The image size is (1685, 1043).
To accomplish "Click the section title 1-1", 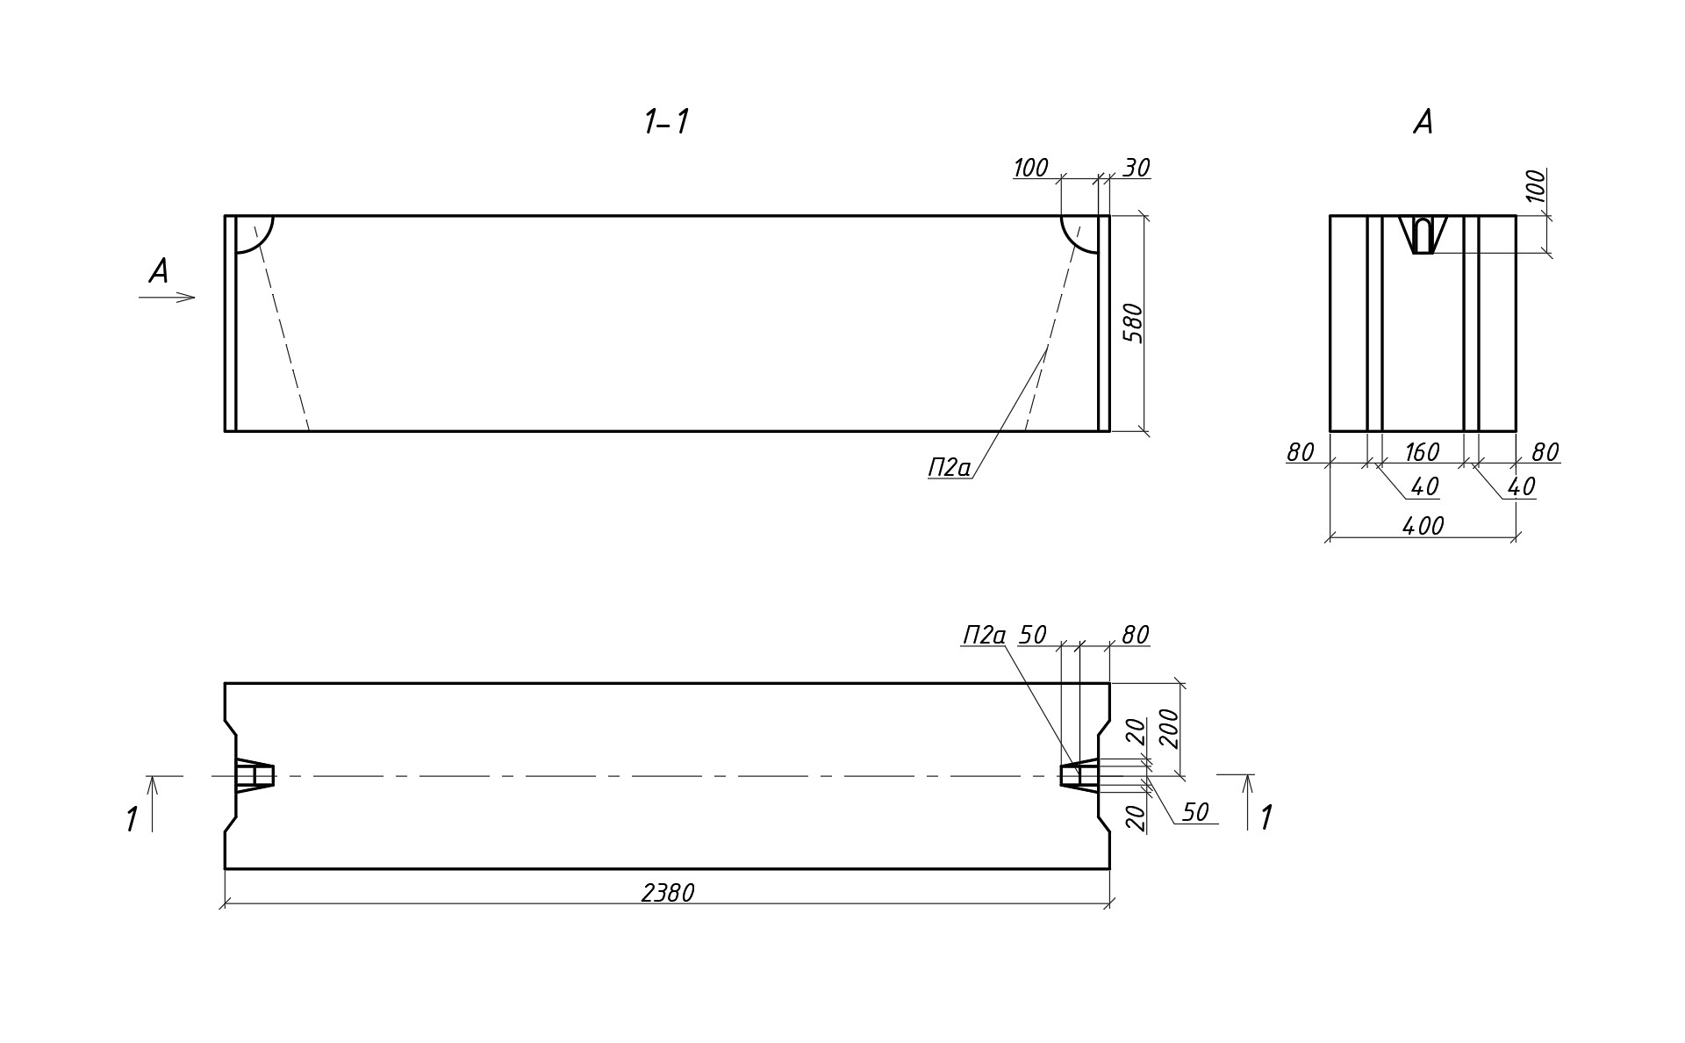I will tap(666, 122).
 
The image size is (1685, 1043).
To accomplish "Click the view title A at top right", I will tap(1423, 122).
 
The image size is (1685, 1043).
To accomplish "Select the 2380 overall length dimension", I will tap(668, 893).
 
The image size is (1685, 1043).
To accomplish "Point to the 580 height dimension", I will tap(1134, 322).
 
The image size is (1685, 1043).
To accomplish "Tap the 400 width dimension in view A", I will tap(1423, 526).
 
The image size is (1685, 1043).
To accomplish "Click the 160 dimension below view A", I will tap(1422, 452).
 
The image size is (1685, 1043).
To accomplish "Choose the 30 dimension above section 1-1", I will tap(1136, 168).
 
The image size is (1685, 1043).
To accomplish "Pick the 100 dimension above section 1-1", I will tap(1030, 168).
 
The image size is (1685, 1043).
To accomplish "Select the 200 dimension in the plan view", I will tap(1168, 728).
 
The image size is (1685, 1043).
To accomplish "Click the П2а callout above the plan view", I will tap(984, 635).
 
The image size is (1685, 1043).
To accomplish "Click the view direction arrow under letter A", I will tap(167, 298).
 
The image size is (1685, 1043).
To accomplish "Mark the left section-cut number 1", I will tap(132, 820).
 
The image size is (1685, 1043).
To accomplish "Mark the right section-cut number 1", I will tap(1266, 818).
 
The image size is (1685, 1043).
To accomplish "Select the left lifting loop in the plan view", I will tap(255, 776).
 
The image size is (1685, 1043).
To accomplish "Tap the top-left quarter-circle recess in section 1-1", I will tap(252, 232).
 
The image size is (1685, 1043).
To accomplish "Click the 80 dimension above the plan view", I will tap(1135, 635).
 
